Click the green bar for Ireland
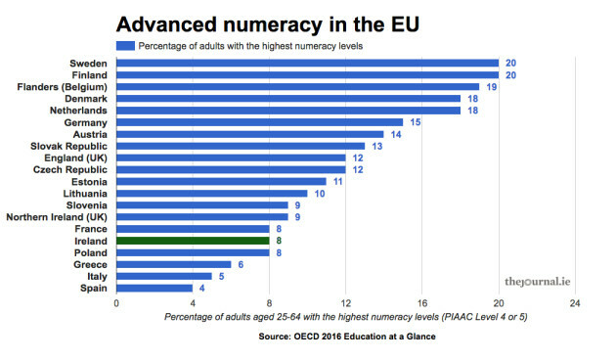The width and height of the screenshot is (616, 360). (x=193, y=240)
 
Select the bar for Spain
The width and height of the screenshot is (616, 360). (x=154, y=288)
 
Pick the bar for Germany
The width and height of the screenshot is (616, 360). (x=259, y=121)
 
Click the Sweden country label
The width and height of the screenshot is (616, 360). (x=89, y=63)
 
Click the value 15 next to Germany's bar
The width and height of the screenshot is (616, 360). (x=415, y=122)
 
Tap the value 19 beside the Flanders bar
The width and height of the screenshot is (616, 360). (x=491, y=86)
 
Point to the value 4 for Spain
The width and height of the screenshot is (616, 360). (x=203, y=288)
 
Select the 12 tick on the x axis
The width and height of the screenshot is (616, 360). (x=345, y=302)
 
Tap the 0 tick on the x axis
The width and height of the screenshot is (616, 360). (x=116, y=302)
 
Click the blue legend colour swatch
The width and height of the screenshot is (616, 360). (x=125, y=45)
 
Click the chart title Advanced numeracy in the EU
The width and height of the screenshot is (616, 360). (x=249, y=22)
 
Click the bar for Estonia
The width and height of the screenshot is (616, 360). (x=221, y=181)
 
